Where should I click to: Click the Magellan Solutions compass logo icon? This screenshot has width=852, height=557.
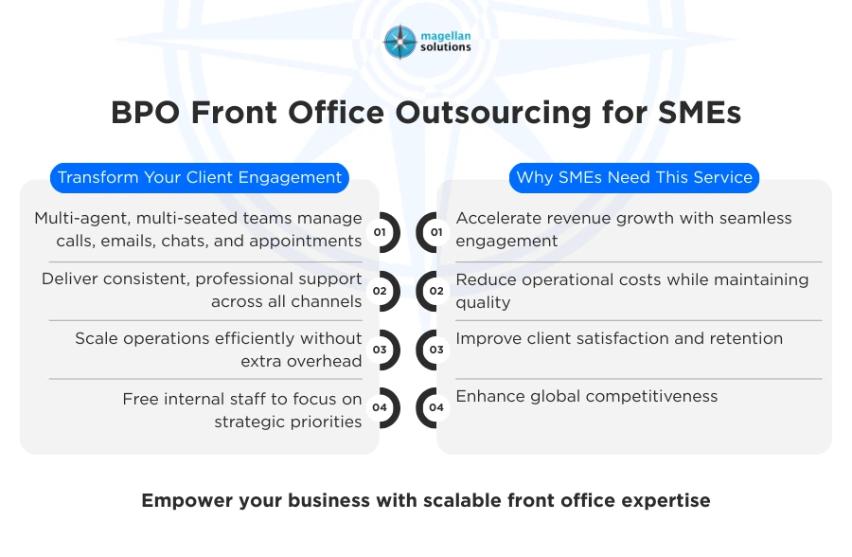pyautogui.click(x=399, y=42)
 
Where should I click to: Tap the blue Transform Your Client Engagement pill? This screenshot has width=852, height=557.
pyautogui.click(x=200, y=177)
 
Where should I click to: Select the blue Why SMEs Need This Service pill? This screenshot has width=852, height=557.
pyautogui.click(x=634, y=177)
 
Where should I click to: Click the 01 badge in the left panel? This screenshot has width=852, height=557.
pyautogui.click(x=380, y=232)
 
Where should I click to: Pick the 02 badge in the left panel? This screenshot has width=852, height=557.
pyautogui.click(x=380, y=291)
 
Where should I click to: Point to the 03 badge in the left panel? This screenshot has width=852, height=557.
pyautogui.click(x=380, y=350)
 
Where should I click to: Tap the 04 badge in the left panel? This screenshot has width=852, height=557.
pyautogui.click(x=380, y=408)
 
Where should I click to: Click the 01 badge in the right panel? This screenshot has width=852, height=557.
pyautogui.click(x=436, y=232)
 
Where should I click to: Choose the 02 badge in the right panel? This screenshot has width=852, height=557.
pyautogui.click(x=436, y=291)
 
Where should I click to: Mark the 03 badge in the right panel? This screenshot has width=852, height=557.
pyautogui.click(x=436, y=350)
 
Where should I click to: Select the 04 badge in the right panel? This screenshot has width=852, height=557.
pyautogui.click(x=436, y=408)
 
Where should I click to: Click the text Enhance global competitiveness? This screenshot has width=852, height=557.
pyautogui.click(x=587, y=396)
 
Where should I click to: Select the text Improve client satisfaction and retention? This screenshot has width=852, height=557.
pyautogui.click(x=619, y=338)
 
